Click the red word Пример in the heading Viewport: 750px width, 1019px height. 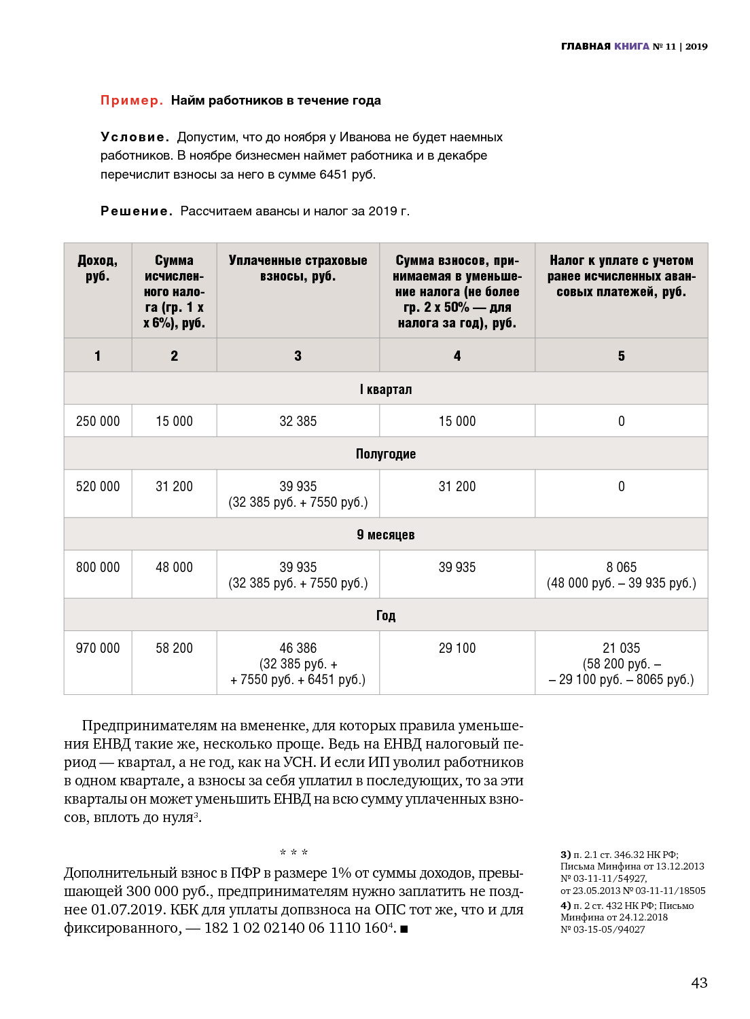pyautogui.click(x=131, y=101)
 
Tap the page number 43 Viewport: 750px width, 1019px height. pyautogui.click(x=699, y=982)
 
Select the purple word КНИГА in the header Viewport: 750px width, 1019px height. pyautogui.click(x=632, y=46)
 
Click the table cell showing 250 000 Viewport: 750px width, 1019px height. pyautogui.click(x=98, y=421)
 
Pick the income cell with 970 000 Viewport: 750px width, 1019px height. pyautogui.click(x=98, y=648)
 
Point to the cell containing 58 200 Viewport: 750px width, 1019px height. pyautogui.click(x=174, y=648)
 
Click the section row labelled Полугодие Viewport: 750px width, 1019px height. pyautogui.click(x=386, y=454)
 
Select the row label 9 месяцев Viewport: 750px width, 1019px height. pyautogui.click(x=386, y=535)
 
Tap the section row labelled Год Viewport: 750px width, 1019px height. pyautogui.click(x=386, y=615)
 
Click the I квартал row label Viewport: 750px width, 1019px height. pyautogui.click(x=386, y=389)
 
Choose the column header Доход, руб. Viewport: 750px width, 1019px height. pyautogui.click(x=98, y=268)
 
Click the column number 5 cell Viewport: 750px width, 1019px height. pyautogui.click(x=621, y=356)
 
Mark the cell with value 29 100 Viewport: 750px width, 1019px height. pyautogui.click(x=457, y=648)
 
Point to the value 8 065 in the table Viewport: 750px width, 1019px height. pyautogui.click(x=621, y=567)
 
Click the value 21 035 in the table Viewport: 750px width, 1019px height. pyautogui.click(x=621, y=648)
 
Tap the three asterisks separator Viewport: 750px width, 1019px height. pyautogui.click(x=293, y=853)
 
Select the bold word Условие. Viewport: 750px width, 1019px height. pyautogui.click(x=135, y=137)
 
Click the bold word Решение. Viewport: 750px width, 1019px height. pyautogui.click(x=136, y=211)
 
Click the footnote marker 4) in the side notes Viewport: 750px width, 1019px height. pyautogui.click(x=565, y=906)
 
